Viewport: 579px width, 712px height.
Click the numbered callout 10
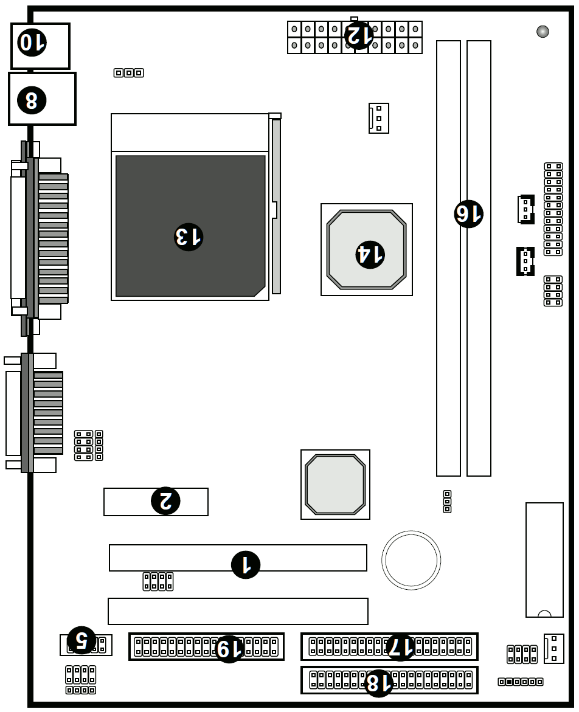click(x=32, y=43)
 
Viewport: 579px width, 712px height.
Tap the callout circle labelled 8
click(x=32, y=100)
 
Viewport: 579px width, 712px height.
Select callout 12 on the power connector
click(x=359, y=35)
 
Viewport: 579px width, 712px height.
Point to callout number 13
click(x=189, y=237)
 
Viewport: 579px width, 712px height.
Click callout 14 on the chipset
click(x=370, y=254)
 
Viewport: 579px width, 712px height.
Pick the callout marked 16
click(x=468, y=214)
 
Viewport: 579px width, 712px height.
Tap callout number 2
click(x=165, y=501)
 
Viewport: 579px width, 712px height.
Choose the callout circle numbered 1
click(x=246, y=565)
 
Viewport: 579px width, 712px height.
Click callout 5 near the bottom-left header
click(x=81, y=640)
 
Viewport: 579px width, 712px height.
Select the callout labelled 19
click(x=229, y=649)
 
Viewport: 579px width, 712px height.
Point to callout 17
click(x=400, y=647)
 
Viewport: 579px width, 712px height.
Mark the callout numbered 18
click(x=378, y=683)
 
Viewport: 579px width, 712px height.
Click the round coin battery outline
click(x=411, y=560)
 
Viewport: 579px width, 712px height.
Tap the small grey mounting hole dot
click(x=543, y=32)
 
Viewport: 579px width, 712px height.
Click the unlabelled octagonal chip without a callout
click(x=335, y=485)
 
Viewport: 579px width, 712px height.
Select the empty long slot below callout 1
click(x=238, y=611)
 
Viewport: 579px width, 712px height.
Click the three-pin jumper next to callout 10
click(x=128, y=73)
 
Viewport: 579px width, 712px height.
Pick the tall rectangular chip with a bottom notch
click(x=544, y=559)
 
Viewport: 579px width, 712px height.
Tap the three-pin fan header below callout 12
click(x=378, y=118)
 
